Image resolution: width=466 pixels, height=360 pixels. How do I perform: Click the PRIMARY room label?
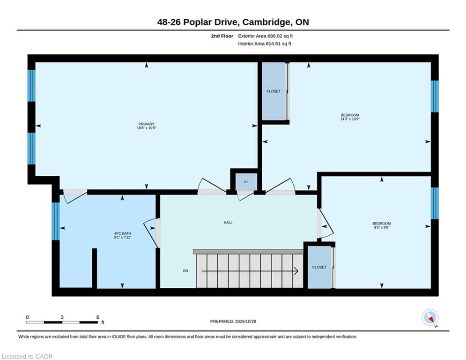tap(146, 124)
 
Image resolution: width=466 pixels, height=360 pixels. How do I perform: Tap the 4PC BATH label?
tap(122, 233)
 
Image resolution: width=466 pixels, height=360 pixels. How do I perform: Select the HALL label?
tap(228, 223)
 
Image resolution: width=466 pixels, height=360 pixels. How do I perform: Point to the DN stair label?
tap(185, 271)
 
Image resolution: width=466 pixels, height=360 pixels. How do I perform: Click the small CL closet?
tap(246, 182)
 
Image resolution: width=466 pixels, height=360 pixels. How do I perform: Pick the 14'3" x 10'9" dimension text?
tap(350, 119)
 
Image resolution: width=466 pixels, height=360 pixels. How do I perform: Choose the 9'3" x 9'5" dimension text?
tap(382, 227)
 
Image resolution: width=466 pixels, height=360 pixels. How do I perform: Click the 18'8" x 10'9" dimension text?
tap(146, 128)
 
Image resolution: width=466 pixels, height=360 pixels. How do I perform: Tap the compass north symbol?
tap(430, 318)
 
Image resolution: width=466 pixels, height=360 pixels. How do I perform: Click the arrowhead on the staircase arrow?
tap(296, 271)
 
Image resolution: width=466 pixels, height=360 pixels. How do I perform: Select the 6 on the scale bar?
tap(97, 317)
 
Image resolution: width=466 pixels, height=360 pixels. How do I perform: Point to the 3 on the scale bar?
tap(62, 317)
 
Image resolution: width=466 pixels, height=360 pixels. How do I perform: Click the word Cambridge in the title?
tap(266, 22)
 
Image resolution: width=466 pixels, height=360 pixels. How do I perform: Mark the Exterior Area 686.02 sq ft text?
tap(266, 36)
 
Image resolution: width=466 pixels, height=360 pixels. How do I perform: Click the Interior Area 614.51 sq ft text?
tap(265, 44)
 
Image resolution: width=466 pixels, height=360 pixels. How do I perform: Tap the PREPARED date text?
tap(233, 321)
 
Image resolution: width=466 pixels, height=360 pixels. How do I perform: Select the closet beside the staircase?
tap(319, 267)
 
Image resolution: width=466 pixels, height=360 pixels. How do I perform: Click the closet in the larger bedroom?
tap(274, 91)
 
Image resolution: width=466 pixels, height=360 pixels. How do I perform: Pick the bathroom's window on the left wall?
tap(56, 221)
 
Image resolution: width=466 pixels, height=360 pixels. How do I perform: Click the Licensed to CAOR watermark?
tap(27, 356)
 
